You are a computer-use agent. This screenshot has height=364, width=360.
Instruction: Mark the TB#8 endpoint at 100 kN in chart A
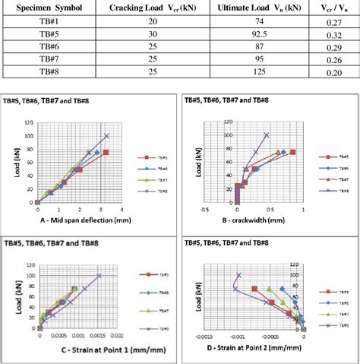[x=106, y=136]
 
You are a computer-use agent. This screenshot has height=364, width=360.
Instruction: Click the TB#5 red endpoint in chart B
[x=292, y=152]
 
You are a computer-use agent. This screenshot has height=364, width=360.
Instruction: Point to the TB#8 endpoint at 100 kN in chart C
[x=99, y=275]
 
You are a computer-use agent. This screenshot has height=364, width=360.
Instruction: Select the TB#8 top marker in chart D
[x=239, y=275]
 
